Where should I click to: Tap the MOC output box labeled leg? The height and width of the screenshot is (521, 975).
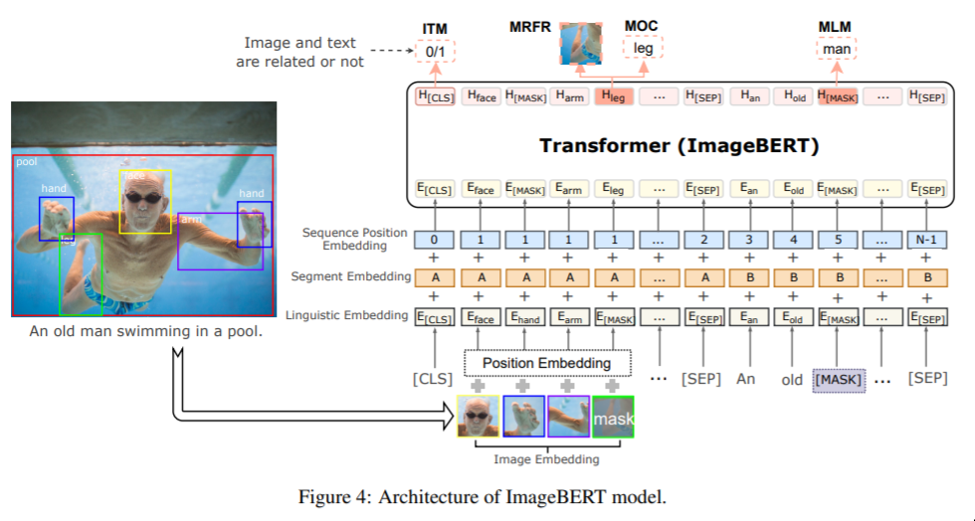[x=643, y=48]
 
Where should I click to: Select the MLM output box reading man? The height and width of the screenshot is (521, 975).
[x=837, y=48]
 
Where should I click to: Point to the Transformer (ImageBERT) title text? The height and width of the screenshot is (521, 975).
[x=679, y=146]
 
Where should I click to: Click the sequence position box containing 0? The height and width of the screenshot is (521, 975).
[x=434, y=240]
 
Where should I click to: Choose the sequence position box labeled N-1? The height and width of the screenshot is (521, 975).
[x=927, y=240]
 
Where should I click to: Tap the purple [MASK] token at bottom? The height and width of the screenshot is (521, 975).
[x=839, y=380]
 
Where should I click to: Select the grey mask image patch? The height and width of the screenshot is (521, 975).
[x=613, y=418]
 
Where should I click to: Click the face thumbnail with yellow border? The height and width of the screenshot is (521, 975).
[x=479, y=418]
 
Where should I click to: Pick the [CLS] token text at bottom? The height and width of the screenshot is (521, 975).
[x=433, y=379]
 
